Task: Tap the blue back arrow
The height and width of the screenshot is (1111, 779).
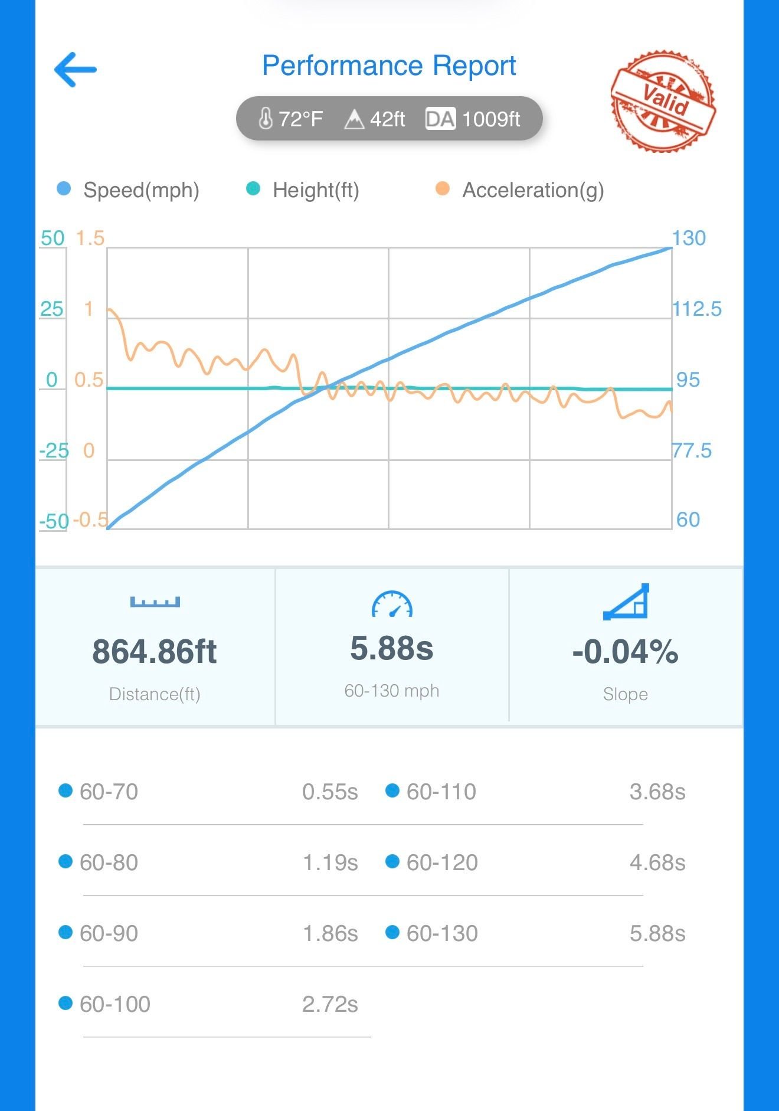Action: (75, 70)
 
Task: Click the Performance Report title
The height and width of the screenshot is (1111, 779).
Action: (389, 66)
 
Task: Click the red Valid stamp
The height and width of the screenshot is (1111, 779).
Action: (663, 100)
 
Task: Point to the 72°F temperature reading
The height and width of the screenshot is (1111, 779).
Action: (291, 119)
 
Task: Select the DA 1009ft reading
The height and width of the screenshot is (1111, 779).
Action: (473, 119)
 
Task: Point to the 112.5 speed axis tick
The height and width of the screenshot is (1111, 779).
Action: (697, 309)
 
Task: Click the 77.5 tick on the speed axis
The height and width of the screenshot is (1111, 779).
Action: (692, 450)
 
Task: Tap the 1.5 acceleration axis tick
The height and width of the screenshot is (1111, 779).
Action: (90, 238)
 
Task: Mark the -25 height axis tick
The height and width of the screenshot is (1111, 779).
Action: (54, 451)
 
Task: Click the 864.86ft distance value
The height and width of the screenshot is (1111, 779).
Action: (155, 652)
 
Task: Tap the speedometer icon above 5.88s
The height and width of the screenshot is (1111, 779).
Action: (392, 604)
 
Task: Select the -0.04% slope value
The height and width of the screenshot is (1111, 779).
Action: (625, 652)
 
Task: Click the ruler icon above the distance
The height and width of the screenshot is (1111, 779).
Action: (155, 602)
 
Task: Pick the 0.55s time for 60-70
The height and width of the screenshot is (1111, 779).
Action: (330, 792)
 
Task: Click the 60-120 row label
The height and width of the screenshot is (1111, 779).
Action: (442, 862)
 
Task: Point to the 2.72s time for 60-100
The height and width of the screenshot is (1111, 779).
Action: (330, 1004)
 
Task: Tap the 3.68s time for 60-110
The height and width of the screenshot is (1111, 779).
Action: (657, 792)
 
